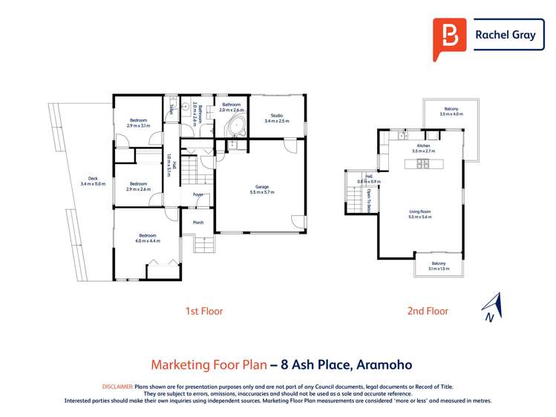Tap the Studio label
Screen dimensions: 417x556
tap(276, 115)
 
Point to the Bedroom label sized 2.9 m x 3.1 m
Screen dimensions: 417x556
tap(138, 120)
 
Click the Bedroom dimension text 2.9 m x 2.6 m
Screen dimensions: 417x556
tap(138, 189)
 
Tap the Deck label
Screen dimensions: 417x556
tap(93, 179)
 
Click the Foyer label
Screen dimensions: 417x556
tap(198, 194)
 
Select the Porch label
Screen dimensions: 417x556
tap(198, 222)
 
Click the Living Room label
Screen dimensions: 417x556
tap(419, 211)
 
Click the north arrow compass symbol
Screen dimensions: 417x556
tap(491, 306)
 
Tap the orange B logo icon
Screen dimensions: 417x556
tap(450, 35)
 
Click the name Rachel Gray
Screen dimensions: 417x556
tap(505, 34)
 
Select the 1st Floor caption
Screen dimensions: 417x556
tap(204, 311)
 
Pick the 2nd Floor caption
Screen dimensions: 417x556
tap(428, 311)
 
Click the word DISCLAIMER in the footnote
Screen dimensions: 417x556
tap(117, 387)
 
